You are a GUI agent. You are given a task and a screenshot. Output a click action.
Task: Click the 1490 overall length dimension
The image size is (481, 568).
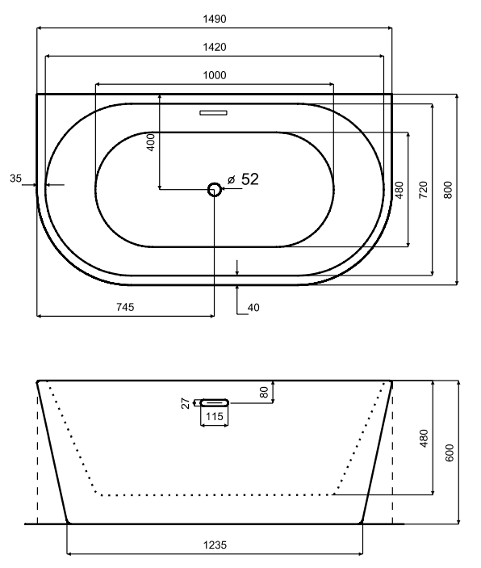click(x=214, y=19)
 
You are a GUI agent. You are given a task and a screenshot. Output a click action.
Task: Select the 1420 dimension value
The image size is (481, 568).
click(x=214, y=47)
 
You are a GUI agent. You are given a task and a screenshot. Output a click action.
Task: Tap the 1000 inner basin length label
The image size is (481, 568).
click(x=214, y=75)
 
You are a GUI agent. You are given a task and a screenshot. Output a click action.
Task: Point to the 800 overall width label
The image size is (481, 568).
click(x=448, y=189)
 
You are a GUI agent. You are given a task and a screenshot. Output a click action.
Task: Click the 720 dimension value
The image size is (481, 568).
click(x=423, y=189)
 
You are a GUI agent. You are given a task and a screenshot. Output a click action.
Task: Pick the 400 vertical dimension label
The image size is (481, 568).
click(x=151, y=142)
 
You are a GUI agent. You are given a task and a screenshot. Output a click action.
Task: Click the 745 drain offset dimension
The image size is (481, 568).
click(x=125, y=307)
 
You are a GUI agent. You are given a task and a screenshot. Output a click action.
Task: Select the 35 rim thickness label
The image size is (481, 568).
click(x=15, y=179)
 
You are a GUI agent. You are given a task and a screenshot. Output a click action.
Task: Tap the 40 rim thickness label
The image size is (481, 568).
click(x=253, y=308)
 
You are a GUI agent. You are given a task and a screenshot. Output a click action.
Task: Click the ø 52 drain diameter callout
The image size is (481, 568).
click(x=243, y=179)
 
